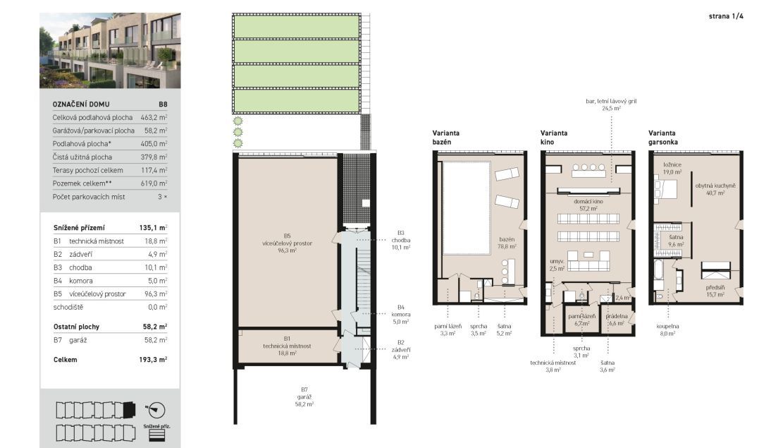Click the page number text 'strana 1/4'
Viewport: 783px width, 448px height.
(726, 16)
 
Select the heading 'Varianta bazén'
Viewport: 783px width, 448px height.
(445, 138)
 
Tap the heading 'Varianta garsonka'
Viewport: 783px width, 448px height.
(662, 138)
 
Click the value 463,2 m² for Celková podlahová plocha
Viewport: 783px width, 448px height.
(154, 118)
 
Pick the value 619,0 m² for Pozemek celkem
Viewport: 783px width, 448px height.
(154, 183)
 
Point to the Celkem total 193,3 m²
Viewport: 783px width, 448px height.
(154, 360)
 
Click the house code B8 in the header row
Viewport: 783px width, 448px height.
(163, 104)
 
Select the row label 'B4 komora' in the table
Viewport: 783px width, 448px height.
(73, 281)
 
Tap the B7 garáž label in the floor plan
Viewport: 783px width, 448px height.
(304, 397)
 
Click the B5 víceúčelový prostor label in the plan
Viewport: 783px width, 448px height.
(287, 243)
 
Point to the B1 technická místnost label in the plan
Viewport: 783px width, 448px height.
(287, 346)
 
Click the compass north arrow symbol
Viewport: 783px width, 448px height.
(155, 411)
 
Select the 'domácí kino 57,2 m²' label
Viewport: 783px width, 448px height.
(588, 205)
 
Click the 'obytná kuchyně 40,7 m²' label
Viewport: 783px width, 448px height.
(715, 189)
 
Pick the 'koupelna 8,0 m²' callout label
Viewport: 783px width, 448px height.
(667, 329)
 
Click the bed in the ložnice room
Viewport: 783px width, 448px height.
(665, 190)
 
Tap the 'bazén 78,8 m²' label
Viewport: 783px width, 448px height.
(506, 243)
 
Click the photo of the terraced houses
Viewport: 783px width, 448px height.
(110, 51)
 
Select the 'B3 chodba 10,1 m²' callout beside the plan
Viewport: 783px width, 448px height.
(401, 240)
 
